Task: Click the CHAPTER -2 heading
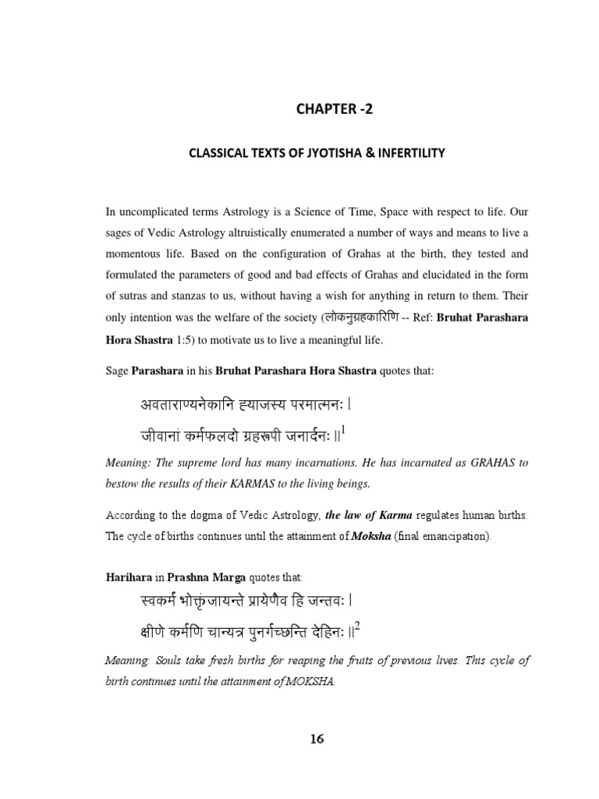coord(335,109)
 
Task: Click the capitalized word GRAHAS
coord(494,463)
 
